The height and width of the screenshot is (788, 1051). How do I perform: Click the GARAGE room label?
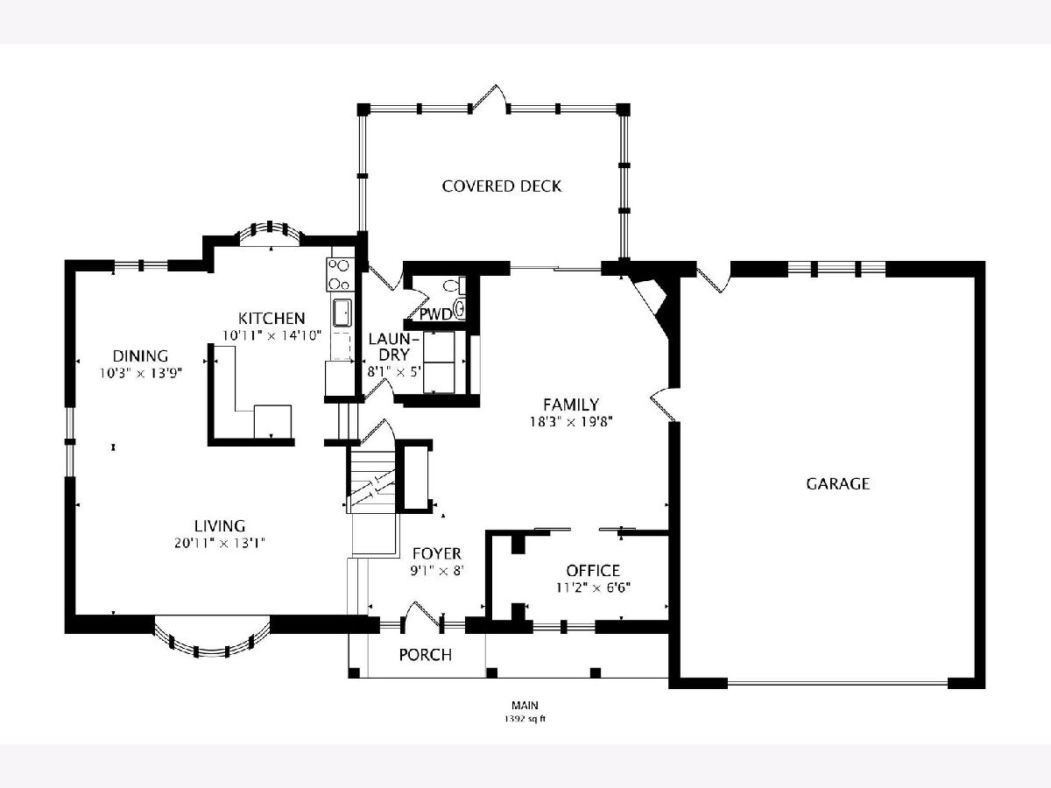point(837,483)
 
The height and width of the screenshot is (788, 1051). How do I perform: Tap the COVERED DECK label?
point(501,186)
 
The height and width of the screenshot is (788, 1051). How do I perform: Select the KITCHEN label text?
point(272,318)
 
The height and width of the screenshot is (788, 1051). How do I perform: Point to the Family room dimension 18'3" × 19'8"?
point(571,422)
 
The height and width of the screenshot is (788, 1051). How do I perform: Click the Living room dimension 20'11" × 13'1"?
point(220,544)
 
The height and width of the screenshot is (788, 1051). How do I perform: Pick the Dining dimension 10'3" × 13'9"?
point(141,373)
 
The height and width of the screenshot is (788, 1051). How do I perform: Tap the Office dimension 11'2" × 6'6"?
point(593,587)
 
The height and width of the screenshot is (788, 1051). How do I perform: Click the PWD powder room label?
point(435,314)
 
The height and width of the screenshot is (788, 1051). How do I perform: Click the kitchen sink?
point(342,313)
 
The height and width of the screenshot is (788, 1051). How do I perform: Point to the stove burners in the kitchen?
point(339,274)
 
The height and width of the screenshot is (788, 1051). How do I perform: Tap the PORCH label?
point(425,655)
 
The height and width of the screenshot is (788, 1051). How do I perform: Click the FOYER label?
point(437,553)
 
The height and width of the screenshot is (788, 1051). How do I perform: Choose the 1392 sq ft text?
point(525,719)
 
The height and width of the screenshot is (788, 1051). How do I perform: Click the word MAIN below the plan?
point(525,705)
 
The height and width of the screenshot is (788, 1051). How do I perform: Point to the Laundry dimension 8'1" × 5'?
point(393,372)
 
